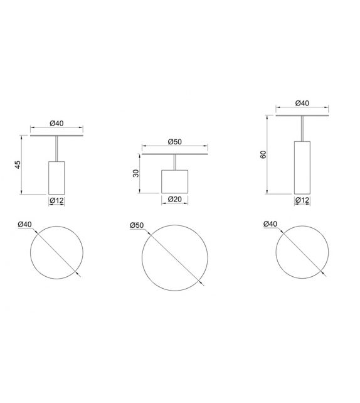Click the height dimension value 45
pyautogui.click(x=18, y=165)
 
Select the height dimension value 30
pyautogui.click(x=135, y=173)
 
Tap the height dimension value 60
pyautogui.click(x=263, y=154)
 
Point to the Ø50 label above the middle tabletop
pyautogui.click(x=175, y=142)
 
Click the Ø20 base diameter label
pyautogui.click(x=175, y=200)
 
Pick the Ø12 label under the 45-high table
pyautogui.click(x=57, y=201)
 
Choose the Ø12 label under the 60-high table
pyautogui.click(x=302, y=200)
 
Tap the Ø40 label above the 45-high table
pyautogui.click(x=57, y=124)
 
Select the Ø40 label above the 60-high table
pyautogui.click(x=302, y=104)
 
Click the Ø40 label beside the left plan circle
pyautogui.click(x=24, y=224)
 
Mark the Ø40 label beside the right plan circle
pyautogui.click(x=270, y=224)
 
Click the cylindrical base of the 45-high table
pyautogui.click(x=57, y=178)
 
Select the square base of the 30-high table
pyautogui.click(x=175, y=181)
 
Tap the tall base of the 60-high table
pyautogui.click(x=302, y=167)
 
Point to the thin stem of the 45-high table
pyautogui.click(x=57, y=149)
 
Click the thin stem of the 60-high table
pyautogui.click(x=302, y=129)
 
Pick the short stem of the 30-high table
pyautogui.click(x=175, y=162)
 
